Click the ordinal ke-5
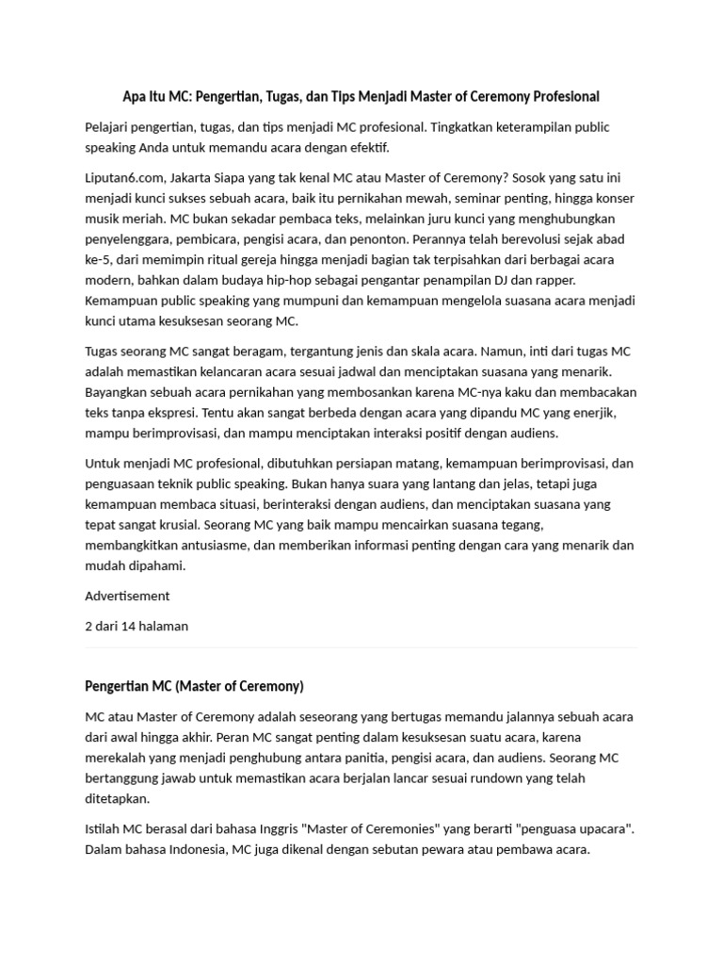(100, 260)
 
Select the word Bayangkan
(119, 392)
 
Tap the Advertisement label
(127, 596)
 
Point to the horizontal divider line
(361, 648)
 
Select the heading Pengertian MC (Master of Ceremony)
(194, 686)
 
